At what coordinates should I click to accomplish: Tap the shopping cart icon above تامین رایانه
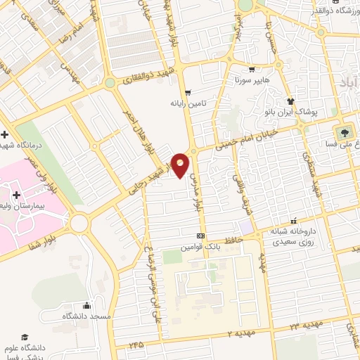pyautogui.click(x=187, y=92)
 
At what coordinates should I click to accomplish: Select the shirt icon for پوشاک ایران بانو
pyautogui.click(x=289, y=101)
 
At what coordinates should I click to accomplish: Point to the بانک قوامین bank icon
pyautogui.click(x=201, y=236)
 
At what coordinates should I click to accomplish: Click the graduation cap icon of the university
pyautogui.click(x=26, y=338)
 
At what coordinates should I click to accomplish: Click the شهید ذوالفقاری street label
pyautogui.click(x=146, y=78)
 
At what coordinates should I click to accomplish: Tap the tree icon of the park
pyautogui.click(x=345, y=132)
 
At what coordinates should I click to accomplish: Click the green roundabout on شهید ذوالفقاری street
pyautogui.click(x=110, y=83)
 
